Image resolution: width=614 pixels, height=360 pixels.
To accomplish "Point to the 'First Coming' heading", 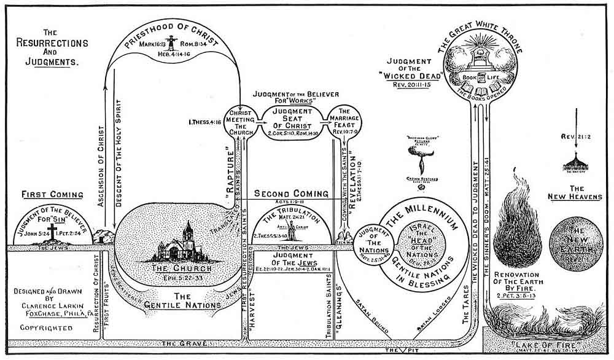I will coord(52,195).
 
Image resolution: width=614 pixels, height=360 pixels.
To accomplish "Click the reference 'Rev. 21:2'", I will coord(575,136).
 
